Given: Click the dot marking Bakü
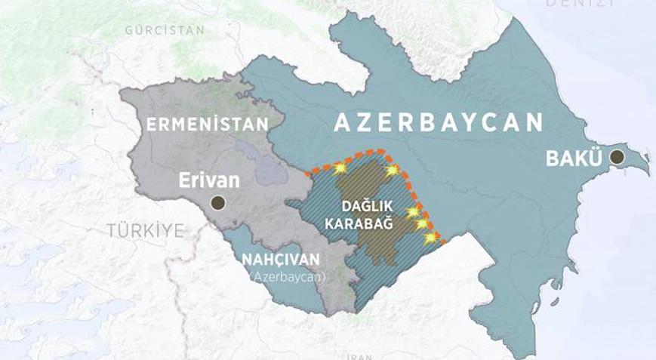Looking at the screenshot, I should [617, 157].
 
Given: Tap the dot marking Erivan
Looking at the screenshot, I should [218, 202].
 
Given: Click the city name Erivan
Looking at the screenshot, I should [209, 180].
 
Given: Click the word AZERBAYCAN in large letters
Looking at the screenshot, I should [438, 123].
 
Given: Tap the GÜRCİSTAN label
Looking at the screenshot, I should [165, 30].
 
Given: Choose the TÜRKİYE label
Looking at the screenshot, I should [145, 231].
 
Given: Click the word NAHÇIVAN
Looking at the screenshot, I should [280, 260].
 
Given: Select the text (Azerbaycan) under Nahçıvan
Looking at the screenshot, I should [288, 277].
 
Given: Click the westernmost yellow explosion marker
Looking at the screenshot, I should [340, 171].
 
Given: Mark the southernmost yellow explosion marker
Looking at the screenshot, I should [430, 238].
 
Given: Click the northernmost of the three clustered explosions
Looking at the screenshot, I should [413, 212].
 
